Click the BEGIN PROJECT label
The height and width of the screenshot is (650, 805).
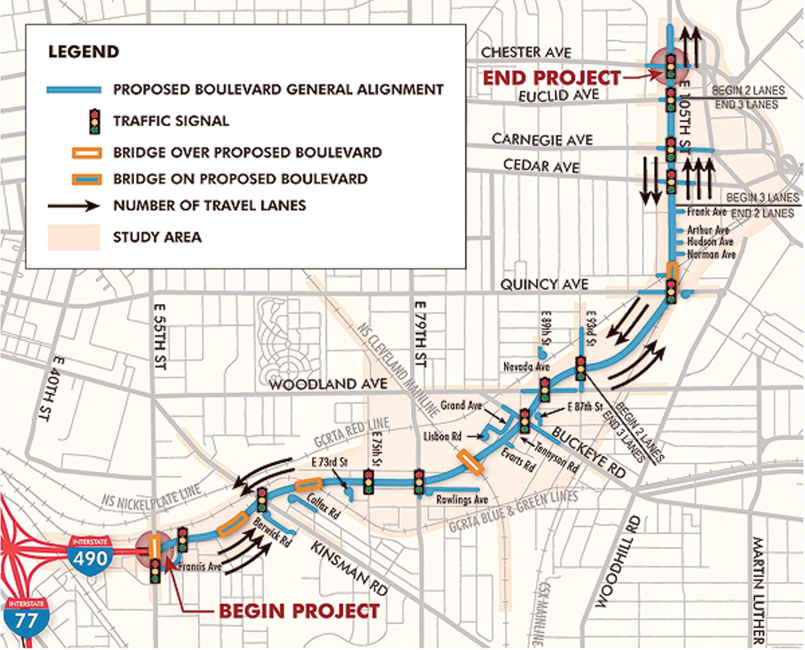[x=299, y=611]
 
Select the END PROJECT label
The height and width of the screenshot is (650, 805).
[x=552, y=77]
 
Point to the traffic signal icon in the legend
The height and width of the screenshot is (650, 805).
[x=94, y=121]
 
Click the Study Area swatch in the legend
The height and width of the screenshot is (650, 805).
[x=74, y=237]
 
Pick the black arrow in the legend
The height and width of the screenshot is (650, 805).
[x=74, y=206]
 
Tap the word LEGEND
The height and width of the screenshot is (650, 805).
[x=84, y=52]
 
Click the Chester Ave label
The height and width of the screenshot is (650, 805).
[x=526, y=52]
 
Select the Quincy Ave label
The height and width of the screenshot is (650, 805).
[x=544, y=284]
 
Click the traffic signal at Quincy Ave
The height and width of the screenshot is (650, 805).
[x=671, y=291]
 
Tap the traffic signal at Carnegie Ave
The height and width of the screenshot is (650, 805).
[x=671, y=149]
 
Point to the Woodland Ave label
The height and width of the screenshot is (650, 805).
[x=328, y=384]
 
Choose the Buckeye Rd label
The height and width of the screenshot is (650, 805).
[x=589, y=451]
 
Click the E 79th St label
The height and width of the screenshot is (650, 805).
[x=421, y=333]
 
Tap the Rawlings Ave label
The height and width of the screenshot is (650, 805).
[x=462, y=500]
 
